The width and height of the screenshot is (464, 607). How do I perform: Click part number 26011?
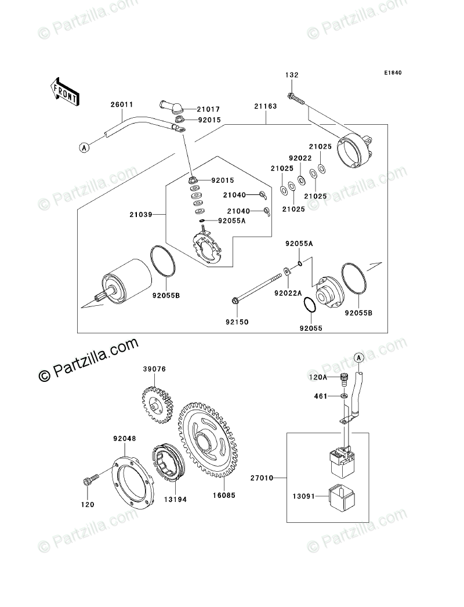(122, 105)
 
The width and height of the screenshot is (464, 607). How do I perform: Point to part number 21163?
(265, 106)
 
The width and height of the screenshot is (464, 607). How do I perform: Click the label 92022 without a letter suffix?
(300, 157)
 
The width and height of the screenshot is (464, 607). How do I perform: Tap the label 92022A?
(288, 294)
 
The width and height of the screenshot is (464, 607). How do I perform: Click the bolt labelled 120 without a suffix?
(89, 481)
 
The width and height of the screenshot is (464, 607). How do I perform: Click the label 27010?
(263, 478)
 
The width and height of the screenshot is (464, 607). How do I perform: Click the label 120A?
(318, 377)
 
